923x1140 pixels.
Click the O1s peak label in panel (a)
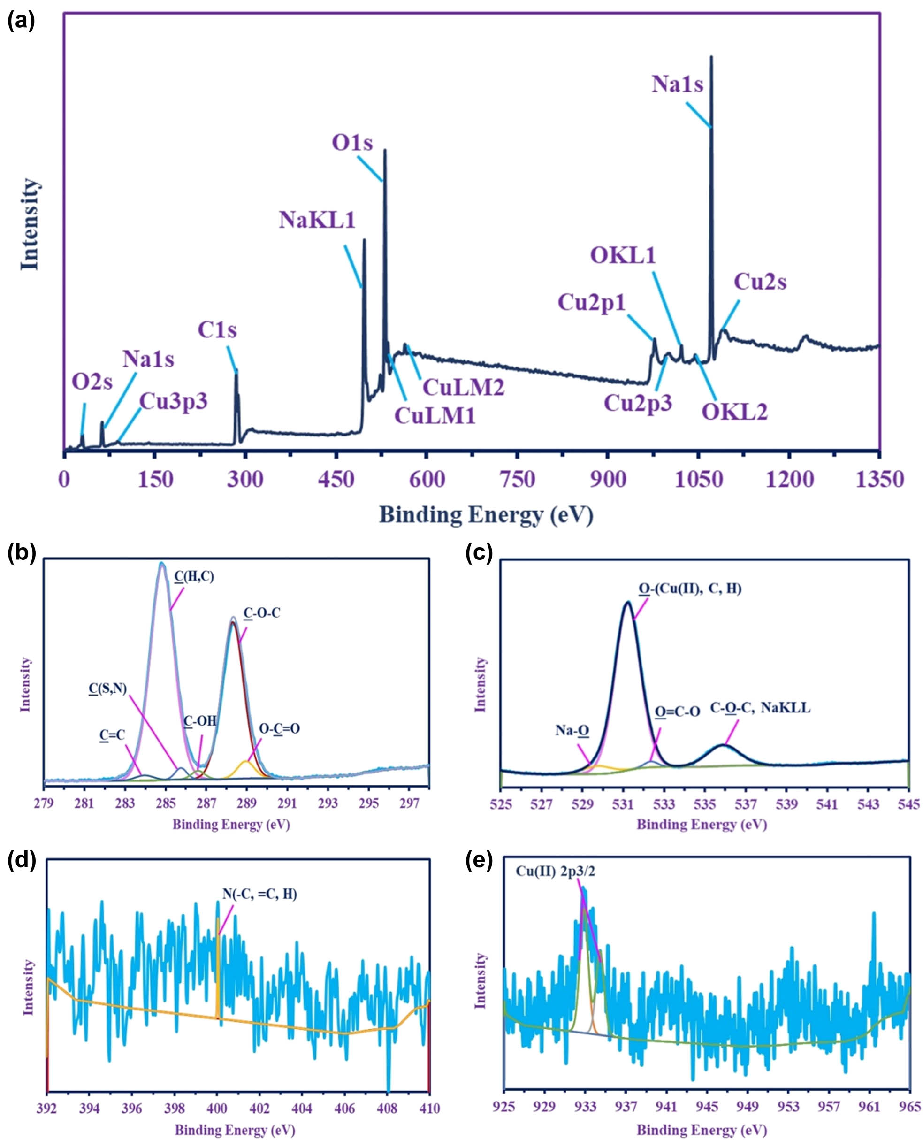click(x=352, y=143)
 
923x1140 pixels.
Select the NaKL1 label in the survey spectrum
click(x=317, y=220)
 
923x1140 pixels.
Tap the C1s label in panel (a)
click(x=217, y=330)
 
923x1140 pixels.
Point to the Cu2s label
click(x=760, y=282)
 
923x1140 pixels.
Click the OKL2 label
click(x=735, y=412)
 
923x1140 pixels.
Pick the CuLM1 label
click(x=435, y=415)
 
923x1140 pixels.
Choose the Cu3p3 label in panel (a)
click(x=173, y=401)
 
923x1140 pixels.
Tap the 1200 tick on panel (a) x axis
click(x=790, y=480)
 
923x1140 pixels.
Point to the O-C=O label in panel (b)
click(x=279, y=728)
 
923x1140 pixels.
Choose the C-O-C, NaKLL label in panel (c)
click(x=760, y=709)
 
